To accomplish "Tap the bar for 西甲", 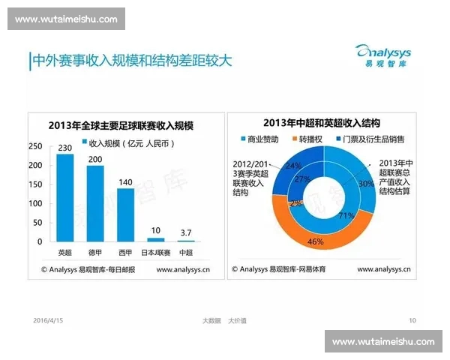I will tap(125, 214).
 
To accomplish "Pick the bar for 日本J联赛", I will tap(156, 239).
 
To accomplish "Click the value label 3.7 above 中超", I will tap(185, 232).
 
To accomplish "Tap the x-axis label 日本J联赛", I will tap(156, 252).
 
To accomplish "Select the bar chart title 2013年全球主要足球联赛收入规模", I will tap(120, 125).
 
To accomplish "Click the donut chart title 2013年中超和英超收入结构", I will tap(322, 123).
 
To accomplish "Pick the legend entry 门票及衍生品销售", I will tap(374, 139).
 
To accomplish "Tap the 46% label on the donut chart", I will tap(316, 241).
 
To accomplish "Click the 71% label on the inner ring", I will tap(346, 216).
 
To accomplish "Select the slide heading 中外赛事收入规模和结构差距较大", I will tap(132, 60).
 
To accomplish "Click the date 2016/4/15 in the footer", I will tap(49, 320).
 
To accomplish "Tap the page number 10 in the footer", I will tap(412, 320).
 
